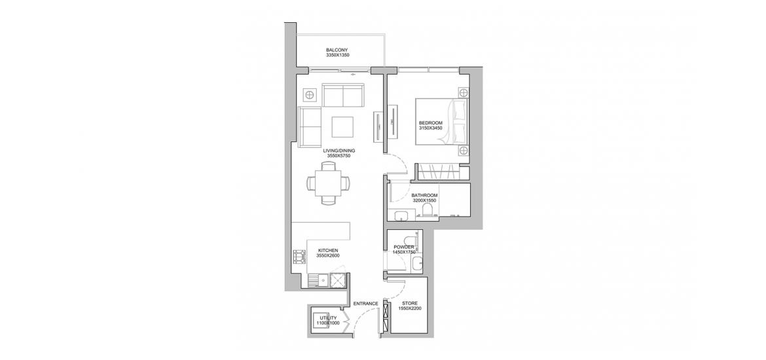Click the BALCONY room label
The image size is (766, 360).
click(x=337, y=50)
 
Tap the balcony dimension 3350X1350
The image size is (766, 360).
click(x=337, y=55)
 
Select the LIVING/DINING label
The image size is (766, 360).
click(x=339, y=151)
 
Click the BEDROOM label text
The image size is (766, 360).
click(x=430, y=122)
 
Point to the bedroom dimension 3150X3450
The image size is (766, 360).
click(x=430, y=128)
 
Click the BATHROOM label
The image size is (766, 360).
click(x=424, y=196)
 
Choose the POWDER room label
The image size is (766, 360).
click(x=404, y=247)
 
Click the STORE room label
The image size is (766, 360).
click(x=409, y=303)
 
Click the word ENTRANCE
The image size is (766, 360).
click(x=366, y=303)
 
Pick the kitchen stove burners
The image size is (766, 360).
click(x=297, y=257)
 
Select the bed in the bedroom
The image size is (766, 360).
click(x=442, y=122)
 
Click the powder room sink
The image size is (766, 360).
click(x=416, y=264)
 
